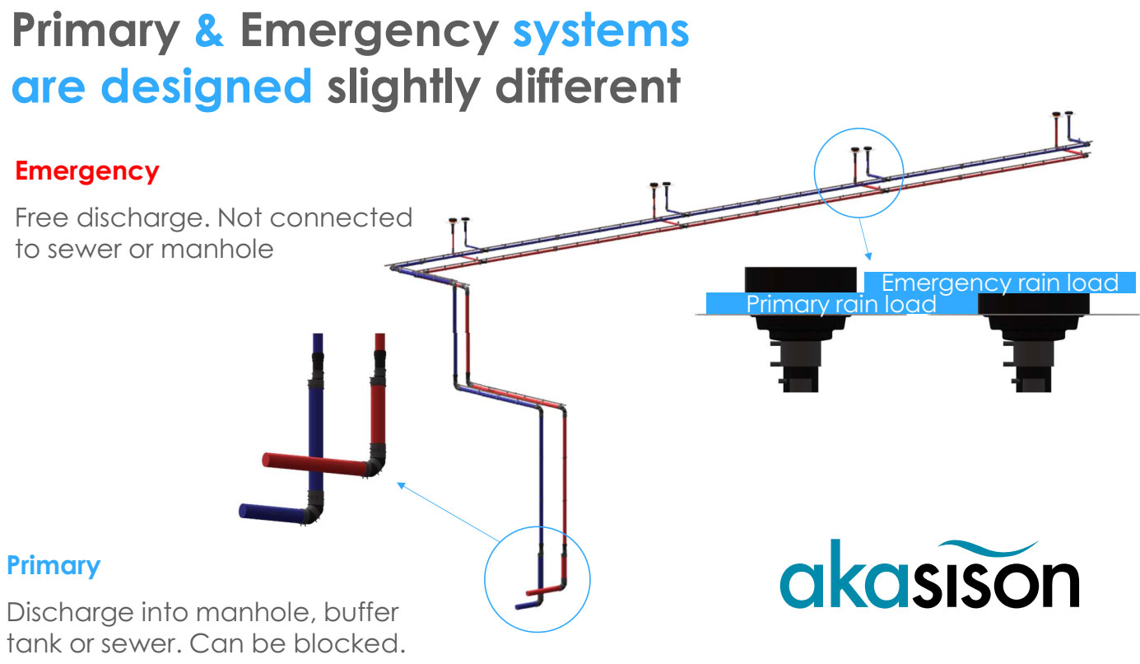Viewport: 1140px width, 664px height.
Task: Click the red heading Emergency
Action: [87, 171]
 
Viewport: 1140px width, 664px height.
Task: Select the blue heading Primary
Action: [54, 566]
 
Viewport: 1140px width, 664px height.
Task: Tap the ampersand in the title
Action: [210, 32]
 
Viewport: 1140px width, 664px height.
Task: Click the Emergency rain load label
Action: [999, 283]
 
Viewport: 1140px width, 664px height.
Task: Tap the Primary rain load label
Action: [840, 304]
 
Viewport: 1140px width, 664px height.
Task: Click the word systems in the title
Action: [601, 32]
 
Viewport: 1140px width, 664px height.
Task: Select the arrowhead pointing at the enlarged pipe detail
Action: [401, 484]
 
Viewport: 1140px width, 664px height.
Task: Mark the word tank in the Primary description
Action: [34, 643]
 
